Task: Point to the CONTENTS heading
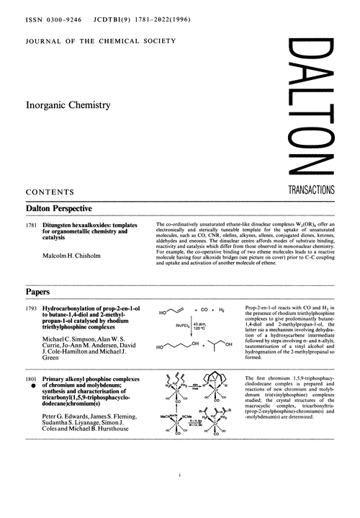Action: click(50, 192)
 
